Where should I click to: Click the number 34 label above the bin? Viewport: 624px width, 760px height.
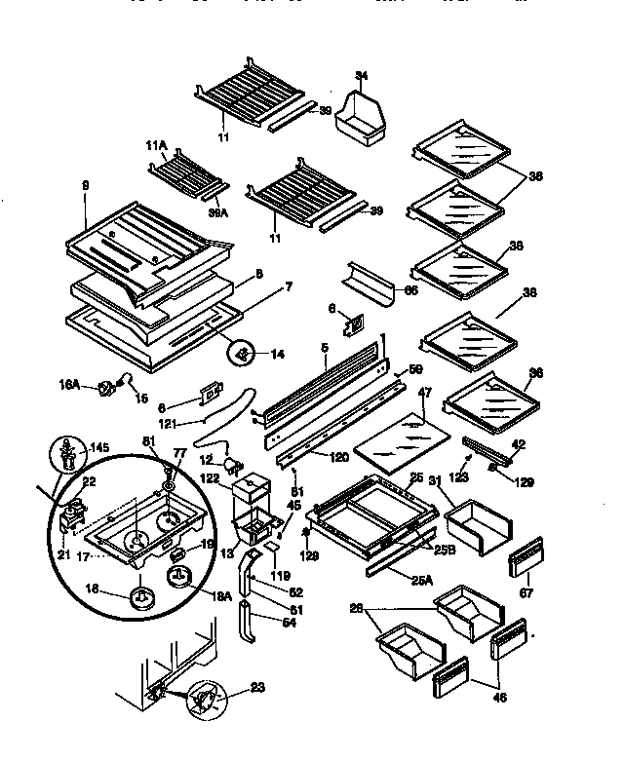362,75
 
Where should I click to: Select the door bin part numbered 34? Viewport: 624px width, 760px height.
360,118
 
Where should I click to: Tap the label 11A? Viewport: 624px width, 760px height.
157,145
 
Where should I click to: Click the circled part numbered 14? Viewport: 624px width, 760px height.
244,352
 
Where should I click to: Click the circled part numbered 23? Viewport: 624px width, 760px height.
210,700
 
